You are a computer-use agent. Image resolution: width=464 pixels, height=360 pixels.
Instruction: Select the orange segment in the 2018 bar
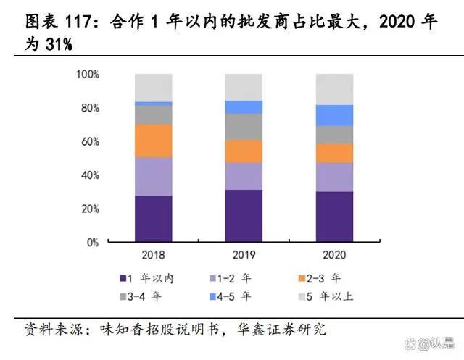(153, 141)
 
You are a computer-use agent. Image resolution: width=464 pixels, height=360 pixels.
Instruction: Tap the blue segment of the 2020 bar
(334, 115)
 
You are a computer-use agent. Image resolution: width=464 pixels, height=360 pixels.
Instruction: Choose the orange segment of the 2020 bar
(334, 153)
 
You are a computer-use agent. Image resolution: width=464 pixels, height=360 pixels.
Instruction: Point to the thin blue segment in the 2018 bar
(153, 104)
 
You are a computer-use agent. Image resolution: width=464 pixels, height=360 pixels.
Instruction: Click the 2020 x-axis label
(334, 255)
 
